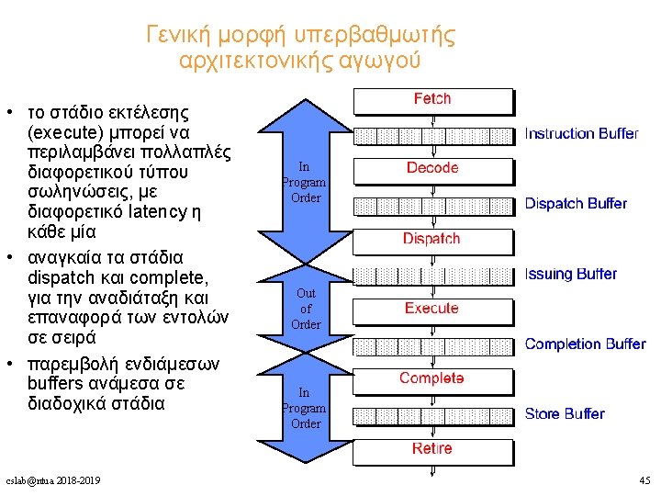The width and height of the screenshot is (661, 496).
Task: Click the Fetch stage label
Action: (432, 98)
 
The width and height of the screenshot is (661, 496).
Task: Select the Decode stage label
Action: (432, 168)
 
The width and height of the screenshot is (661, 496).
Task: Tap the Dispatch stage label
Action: (431, 239)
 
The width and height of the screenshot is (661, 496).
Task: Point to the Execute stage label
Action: (431, 308)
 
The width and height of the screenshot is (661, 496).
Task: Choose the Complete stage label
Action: (431, 378)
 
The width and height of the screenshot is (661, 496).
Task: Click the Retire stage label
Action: (431, 448)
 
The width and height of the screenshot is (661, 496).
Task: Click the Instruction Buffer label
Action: (581, 134)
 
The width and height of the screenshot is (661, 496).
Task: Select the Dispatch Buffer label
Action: (576, 203)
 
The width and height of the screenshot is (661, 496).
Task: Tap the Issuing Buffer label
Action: (570, 274)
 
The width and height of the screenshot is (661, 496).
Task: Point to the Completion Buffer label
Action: (585, 344)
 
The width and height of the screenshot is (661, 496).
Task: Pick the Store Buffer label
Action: (565, 414)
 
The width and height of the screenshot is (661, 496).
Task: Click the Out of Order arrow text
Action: (306, 309)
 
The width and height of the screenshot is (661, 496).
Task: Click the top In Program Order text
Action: (304, 182)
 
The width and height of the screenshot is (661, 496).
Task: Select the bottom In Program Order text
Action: (304, 408)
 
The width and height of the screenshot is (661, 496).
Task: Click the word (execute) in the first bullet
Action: (65, 132)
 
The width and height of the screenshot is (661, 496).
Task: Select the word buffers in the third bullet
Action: (60, 384)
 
